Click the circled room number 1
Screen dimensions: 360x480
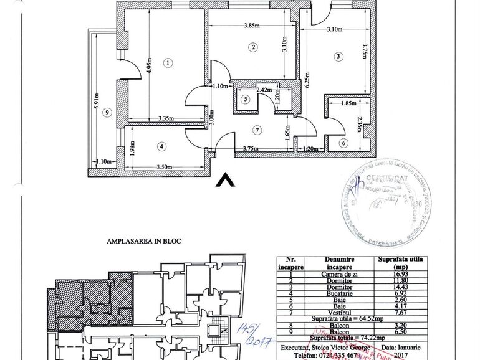(x=168, y=62)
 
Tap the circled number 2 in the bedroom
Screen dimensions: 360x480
(x=252, y=47)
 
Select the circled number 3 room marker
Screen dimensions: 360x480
(x=338, y=57)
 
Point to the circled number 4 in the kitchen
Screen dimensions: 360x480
(x=162, y=147)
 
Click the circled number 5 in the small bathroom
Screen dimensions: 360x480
(x=246, y=98)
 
